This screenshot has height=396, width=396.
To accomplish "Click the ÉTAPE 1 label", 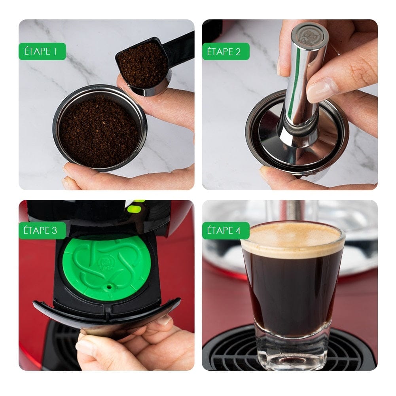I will [42, 51].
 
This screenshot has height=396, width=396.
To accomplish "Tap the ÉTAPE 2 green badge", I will [225, 51].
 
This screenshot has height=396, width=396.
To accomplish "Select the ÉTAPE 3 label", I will [42, 231].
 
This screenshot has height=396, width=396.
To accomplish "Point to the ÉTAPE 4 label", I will [225, 231].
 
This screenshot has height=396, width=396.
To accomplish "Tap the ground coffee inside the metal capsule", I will [99, 127].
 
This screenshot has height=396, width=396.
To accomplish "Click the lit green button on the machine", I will [135, 208].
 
